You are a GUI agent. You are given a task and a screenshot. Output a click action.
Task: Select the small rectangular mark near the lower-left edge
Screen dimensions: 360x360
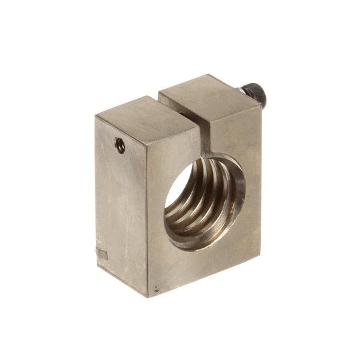tap(101, 254)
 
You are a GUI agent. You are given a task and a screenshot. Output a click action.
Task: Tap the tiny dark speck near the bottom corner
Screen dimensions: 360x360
tap(157, 292)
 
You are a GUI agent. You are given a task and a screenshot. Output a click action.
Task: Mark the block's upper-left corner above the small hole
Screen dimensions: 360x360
tap(97, 114)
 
